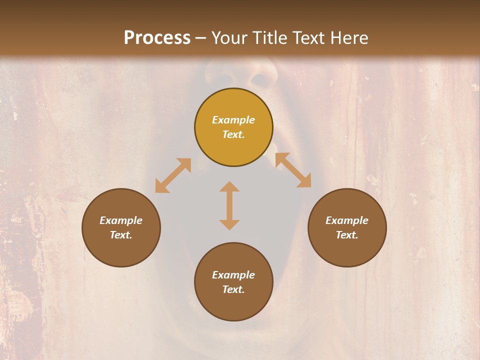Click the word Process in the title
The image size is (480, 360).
click(x=157, y=38)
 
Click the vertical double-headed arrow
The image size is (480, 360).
click(x=229, y=205)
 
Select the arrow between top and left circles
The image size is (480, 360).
click(x=173, y=175)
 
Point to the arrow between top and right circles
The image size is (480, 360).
click(x=293, y=170)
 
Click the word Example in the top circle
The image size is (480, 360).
click(x=233, y=120)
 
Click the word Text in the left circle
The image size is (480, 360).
click(x=121, y=235)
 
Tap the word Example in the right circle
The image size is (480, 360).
click(x=347, y=220)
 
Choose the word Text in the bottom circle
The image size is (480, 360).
click(x=233, y=289)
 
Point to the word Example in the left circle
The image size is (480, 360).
click(x=121, y=220)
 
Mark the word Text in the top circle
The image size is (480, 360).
click(x=233, y=134)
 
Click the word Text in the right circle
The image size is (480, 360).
click(x=347, y=235)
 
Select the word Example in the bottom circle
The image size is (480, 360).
click(x=233, y=275)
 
